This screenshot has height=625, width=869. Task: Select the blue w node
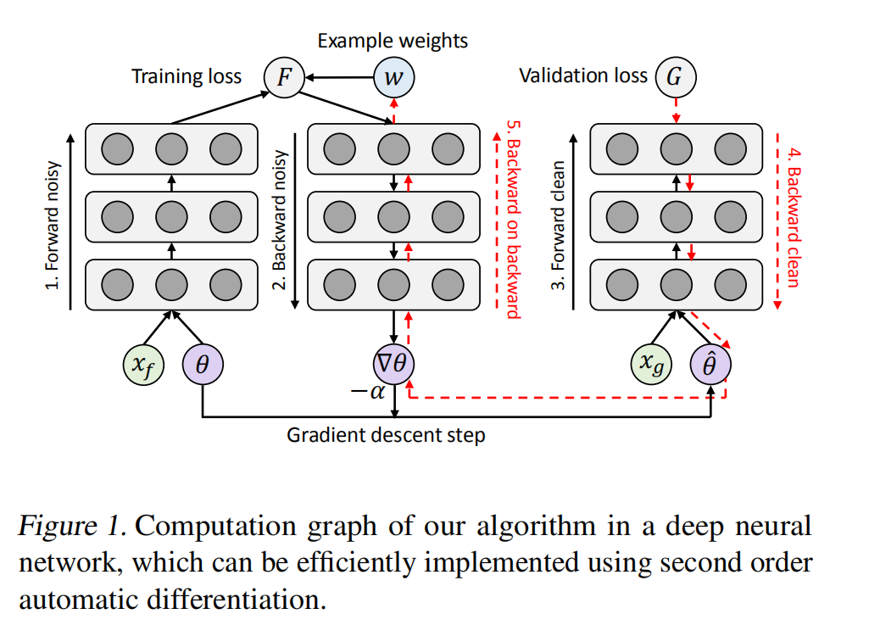click(x=393, y=77)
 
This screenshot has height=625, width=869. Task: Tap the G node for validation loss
click(x=674, y=77)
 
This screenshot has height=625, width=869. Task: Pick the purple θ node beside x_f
click(x=202, y=366)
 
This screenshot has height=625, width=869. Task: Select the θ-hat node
click(x=710, y=366)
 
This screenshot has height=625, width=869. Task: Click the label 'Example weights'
click(x=393, y=40)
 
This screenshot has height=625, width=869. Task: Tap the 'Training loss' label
click(x=186, y=77)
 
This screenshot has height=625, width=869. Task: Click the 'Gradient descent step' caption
click(x=386, y=436)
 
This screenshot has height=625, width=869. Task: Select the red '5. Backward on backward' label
click(x=512, y=220)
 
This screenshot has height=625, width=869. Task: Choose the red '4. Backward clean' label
click(x=794, y=220)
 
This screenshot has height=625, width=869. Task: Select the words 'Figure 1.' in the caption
click(x=72, y=526)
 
